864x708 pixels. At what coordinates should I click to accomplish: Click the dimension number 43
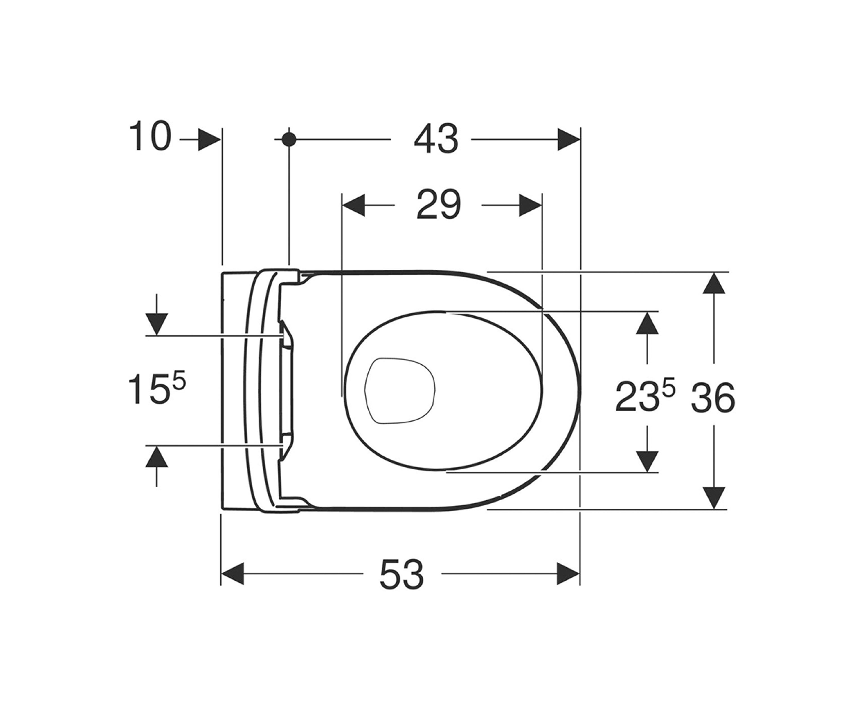coord(436,139)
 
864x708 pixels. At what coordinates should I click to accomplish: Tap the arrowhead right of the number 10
coord(209,139)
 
